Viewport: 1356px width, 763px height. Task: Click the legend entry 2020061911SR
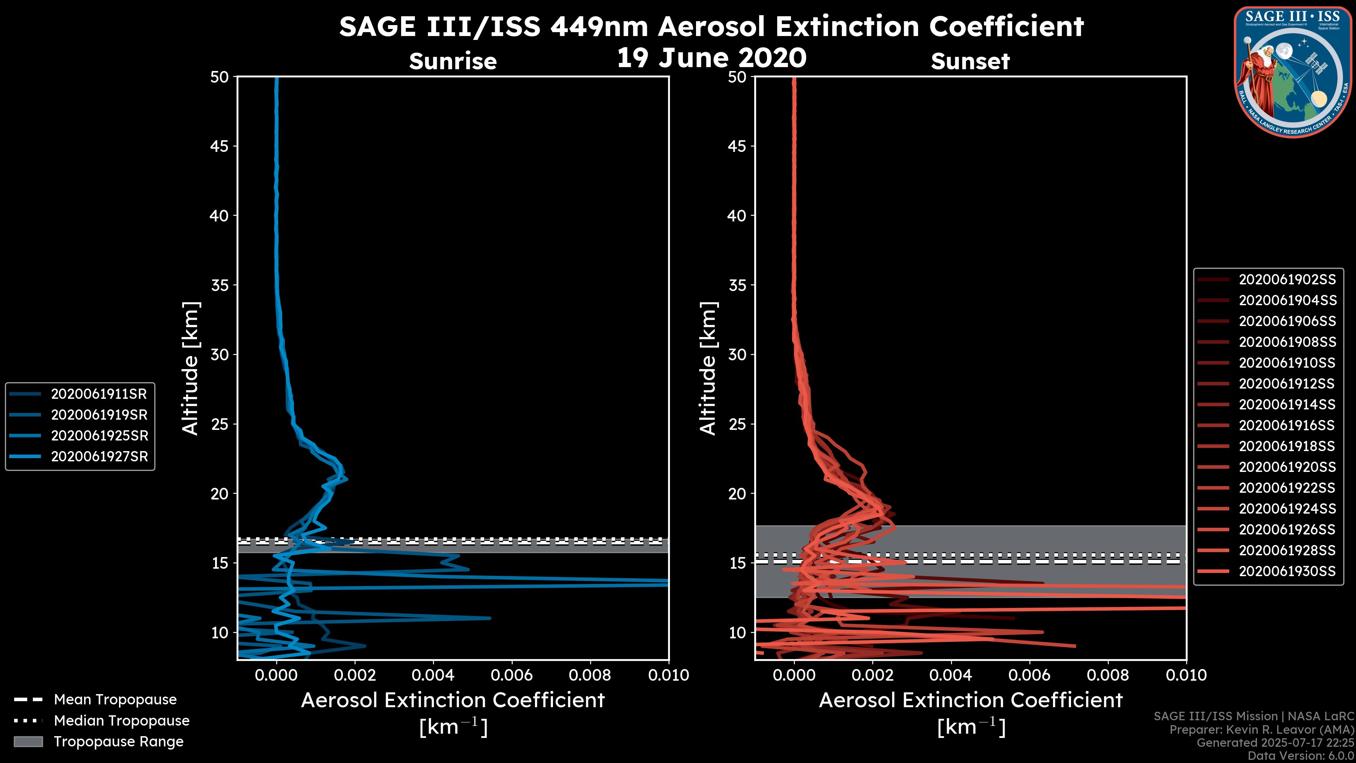click(x=99, y=394)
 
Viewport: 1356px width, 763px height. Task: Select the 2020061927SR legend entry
click(x=99, y=456)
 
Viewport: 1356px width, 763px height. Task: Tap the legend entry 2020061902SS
click(x=1286, y=280)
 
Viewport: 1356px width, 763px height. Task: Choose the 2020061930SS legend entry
click(x=1286, y=571)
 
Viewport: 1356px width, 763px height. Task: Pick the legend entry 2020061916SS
click(x=1286, y=425)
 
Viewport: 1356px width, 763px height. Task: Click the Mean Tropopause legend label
click(x=115, y=699)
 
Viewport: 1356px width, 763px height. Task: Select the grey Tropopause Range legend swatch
click(x=28, y=741)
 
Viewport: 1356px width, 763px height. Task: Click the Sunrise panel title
click(x=453, y=61)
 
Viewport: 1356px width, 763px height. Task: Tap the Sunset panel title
click(x=970, y=61)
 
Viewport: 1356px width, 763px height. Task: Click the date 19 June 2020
click(x=711, y=58)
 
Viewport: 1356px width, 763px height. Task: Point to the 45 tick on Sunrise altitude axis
click(x=220, y=146)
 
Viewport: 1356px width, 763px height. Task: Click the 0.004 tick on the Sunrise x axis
click(x=433, y=675)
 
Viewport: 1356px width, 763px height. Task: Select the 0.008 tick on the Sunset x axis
click(x=1108, y=675)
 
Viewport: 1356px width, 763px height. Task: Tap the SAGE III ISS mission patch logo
click(x=1293, y=72)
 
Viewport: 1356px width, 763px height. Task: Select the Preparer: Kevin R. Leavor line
click(x=1261, y=729)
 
